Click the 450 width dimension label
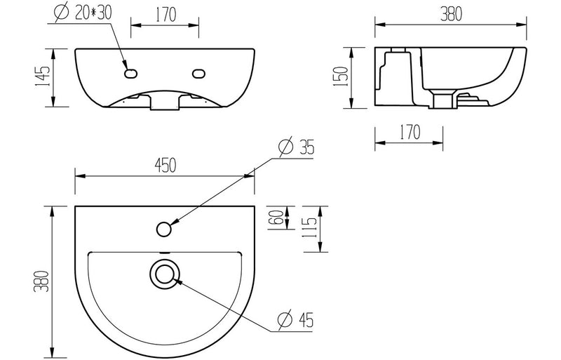point(165,165)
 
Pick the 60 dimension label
point(276,219)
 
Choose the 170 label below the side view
point(410,131)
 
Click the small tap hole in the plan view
point(165,229)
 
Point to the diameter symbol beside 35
point(285,149)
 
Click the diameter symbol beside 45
point(285,321)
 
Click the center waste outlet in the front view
point(165,103)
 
